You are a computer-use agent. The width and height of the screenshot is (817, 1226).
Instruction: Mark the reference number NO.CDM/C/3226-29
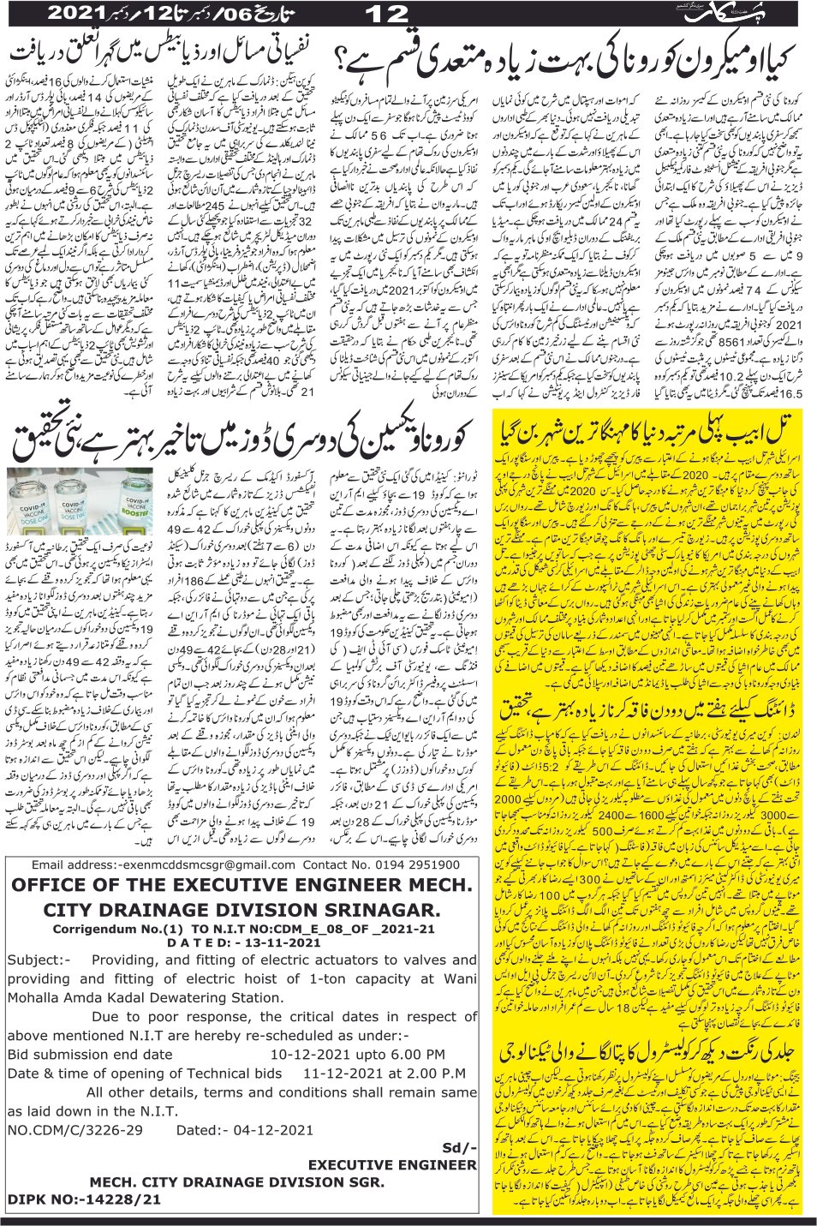pyautogui.click(x=75, y=1130)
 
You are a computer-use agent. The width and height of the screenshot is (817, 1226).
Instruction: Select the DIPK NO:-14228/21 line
pyautogui.click(x=84, y=1199)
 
